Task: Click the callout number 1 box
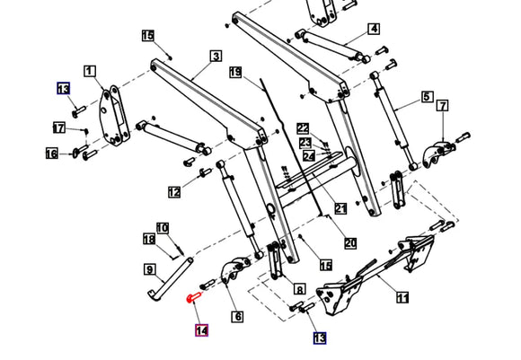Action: click(90, 70)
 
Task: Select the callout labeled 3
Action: click(216, 56)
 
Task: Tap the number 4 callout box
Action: click(373, 29)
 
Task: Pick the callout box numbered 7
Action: click(442, 107)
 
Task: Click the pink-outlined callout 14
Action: click(202, 330)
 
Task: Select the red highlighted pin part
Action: click(195, 294)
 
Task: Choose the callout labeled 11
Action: click(402, 298)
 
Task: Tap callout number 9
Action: click(149, 269)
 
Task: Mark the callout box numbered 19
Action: click(235, 71)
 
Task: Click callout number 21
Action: click(340, 209)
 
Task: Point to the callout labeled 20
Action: click(350, 243)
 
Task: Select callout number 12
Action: click(173, 191)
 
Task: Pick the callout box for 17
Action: click(58, 128)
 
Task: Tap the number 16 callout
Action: click(52, 154)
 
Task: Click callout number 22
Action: click(304, 128)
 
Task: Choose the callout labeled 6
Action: click(238, 316)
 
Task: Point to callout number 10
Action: click(163, 228)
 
